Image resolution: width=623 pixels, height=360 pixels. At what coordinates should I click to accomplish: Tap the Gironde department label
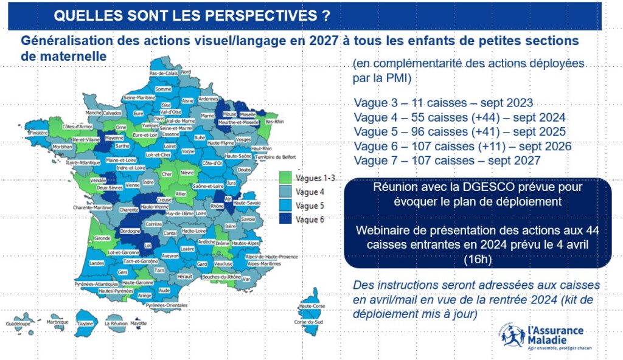pyautogui.click(x=102, y=238)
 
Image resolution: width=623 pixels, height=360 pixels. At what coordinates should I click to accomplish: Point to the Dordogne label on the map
pyautogui.click(x=130, y=231)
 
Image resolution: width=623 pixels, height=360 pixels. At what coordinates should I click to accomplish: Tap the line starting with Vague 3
pyautogui.click(x=443, y=103)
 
